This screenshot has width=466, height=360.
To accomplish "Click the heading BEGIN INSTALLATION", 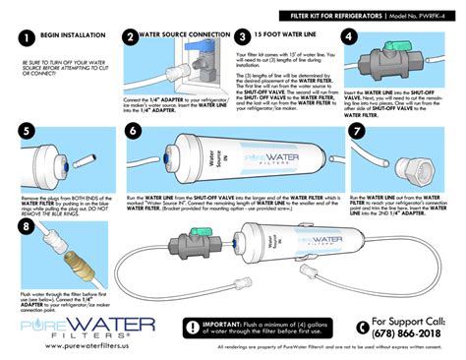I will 69,35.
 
